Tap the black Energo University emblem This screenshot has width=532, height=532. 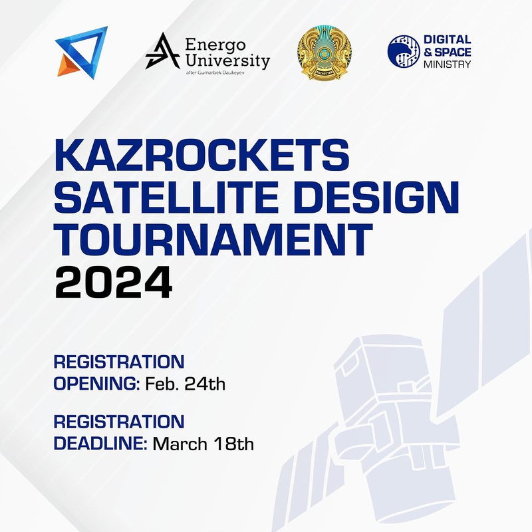(162, 51)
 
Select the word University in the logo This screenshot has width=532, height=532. (227, 61)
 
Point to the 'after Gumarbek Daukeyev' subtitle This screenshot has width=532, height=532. (215, 72)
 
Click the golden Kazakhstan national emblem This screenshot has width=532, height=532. (325, 53)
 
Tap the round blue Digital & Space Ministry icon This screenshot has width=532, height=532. (404, 51)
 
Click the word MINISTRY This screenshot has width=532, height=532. (447, 64)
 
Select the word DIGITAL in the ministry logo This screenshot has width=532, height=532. (447, 39)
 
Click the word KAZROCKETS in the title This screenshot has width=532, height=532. (201, 155)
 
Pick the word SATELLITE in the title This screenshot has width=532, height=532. (166, 197)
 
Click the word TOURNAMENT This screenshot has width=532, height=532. (213, 239)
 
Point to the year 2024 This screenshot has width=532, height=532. (114, 282)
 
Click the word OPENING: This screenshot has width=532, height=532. (96, 384)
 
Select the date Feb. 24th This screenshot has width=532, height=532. (186, 384)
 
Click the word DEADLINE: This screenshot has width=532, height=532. (100, 444)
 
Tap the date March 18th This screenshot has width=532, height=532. (203, 444)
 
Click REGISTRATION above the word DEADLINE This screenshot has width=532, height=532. (119, 422)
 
